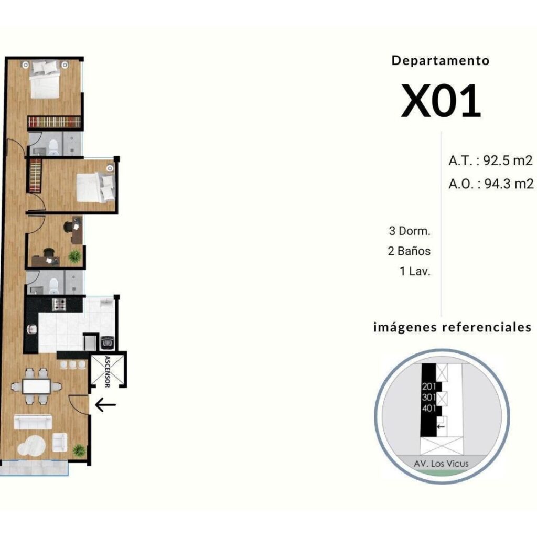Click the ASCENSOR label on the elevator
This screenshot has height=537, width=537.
(x=107, y=372)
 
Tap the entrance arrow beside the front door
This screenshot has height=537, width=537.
(x=105, y=405)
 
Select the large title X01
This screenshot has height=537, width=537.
(x=441, y=101)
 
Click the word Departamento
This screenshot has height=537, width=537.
(x=441, y=61)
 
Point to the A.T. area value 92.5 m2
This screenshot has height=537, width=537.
(x=508, y=160)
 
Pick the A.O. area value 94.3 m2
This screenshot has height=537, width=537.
(x=509, y=184)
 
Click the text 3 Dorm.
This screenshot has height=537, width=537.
(x=410, y=231)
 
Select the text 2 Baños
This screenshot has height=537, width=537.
(x=409, y=251)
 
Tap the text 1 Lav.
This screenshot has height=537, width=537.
(x=415, y=271)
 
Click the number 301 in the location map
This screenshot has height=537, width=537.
(x=429, y=398)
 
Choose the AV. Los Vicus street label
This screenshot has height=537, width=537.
(x=441, y=464)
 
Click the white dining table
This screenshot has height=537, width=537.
(x=36, y=386)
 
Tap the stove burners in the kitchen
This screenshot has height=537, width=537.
(x=59, y=304)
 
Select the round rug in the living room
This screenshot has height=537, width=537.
(x=31, y=445)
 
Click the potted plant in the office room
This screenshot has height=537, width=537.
(x=74, y=256)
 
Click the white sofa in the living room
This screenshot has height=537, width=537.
(x=33, y=422)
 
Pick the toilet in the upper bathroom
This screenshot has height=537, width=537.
(x=54, y=147)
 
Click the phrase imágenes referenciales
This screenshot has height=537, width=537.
(x=453, y=327)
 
